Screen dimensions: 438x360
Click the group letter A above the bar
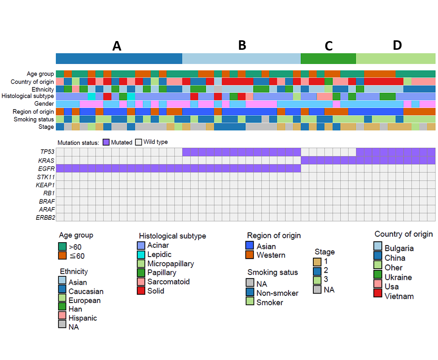click(117, 46)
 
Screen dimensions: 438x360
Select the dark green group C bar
click(328, 59)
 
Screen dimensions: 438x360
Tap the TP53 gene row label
click(47, 152)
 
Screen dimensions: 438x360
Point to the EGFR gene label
click(46, 169)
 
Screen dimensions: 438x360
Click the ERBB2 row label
click(46, 217)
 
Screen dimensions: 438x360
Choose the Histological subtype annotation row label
click(28, 96)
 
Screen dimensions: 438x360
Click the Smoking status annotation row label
click(34, 119)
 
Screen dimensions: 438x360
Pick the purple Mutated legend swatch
click(106, 142)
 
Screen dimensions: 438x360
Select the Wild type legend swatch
click(138, 142)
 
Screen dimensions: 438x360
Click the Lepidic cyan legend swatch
click(141, 254)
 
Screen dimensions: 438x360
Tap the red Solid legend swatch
click(141, 290)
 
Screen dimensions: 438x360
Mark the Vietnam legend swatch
click(378, 293)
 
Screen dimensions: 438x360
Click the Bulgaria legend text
click(399, 248)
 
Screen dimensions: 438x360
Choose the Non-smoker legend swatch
click(250, 292)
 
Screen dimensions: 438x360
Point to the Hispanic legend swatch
click(62, 316)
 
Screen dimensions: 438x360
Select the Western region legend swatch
click(249, 254)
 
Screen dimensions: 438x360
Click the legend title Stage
click(325, 252)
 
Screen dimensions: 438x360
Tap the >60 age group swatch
click(62, 247)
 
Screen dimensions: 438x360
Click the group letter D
click(397, 45)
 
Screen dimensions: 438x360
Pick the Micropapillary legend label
click(170, 264)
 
